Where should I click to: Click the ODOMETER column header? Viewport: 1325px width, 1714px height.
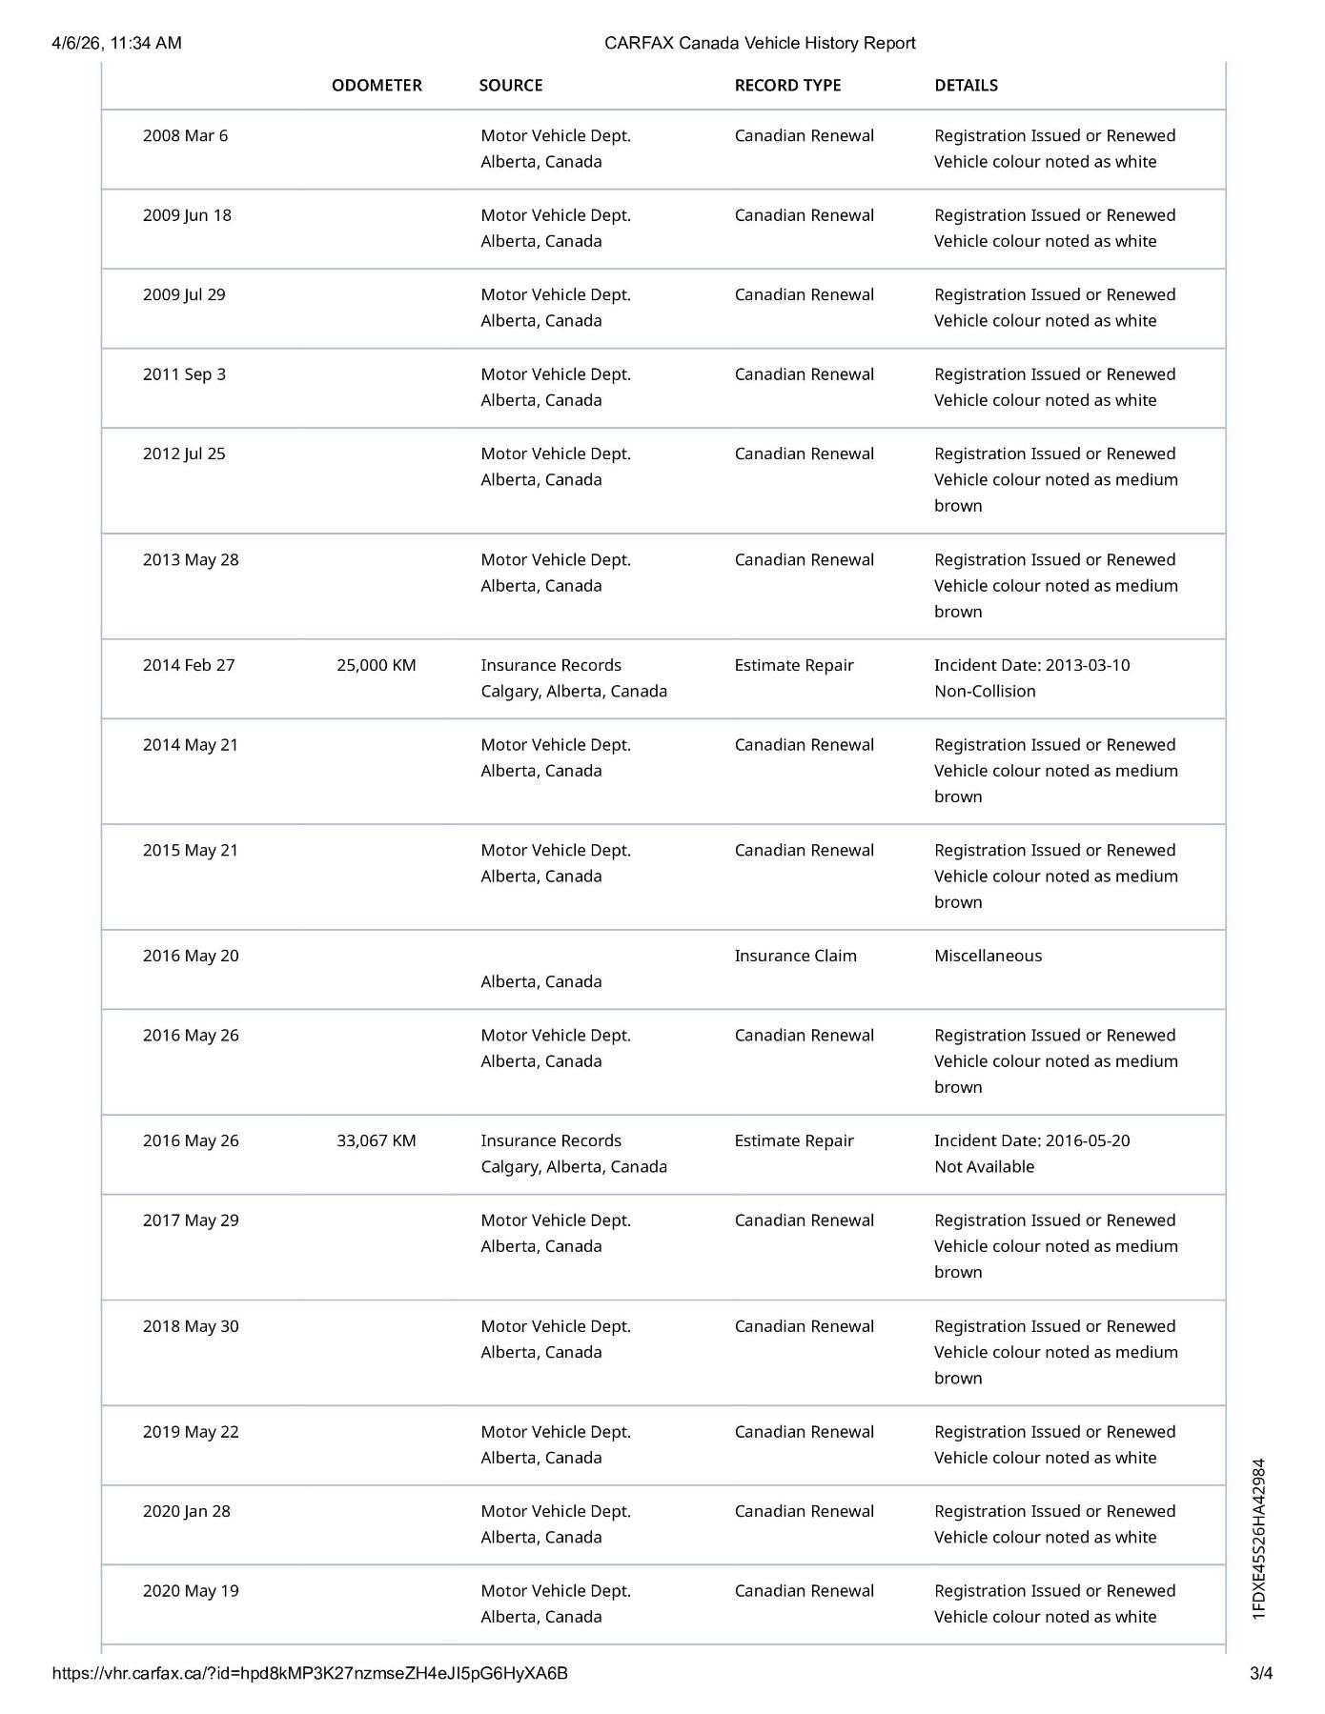[x=377, y=85]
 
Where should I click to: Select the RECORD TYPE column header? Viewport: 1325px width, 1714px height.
[x=787, y=85]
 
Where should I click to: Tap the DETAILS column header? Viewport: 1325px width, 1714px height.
[x=966, y=85]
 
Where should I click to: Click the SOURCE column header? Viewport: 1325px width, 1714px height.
[x=511, y=85]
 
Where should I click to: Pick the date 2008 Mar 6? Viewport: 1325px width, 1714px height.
[x=185, y=135]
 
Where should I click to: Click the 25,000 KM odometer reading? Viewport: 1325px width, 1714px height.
[x=376, y=665]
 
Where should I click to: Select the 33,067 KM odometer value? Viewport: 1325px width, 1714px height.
[x=376, y=1140]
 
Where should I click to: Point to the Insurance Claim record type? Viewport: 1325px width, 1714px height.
[x=795, y=956]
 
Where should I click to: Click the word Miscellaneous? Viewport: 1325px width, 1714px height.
[x=988, y=956]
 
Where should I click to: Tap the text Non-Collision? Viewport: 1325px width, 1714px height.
[x=985, y=691]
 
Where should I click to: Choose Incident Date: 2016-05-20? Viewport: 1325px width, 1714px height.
[x=1031, y=1140]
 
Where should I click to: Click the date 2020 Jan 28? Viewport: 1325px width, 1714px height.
[x=186, y=1511]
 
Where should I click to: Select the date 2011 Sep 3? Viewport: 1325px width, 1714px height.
[x=184, y=373]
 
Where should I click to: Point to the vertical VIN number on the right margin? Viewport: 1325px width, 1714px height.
[x=1259, y=1539]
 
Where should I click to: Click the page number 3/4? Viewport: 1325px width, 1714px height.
[x=1261, y=1673]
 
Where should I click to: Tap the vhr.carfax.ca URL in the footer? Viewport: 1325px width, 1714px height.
[x=310, y=1673]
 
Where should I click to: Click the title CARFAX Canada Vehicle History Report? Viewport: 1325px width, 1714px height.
[x=760, y=43]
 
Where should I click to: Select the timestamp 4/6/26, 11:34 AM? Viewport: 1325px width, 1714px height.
[x=116, y=43]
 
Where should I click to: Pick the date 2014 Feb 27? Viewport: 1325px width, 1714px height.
[x=188, y=665]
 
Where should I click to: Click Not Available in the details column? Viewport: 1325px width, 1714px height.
[x=984, y=1166]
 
